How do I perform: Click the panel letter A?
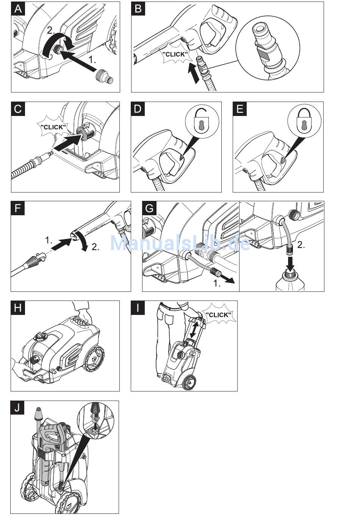pyautogui.click(x=18, y=8)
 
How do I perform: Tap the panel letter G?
pyautogui.click(x=149, y=208)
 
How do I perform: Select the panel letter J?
pyautogui.click(x=17, y=408)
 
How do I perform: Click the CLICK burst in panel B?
pyautogui.click(x=175, y=55)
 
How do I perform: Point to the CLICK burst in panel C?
pyautogui.click(x=53, y=127)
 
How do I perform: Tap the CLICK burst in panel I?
pyautogui.click(x=218, y=315)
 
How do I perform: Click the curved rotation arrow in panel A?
pyautogui.click(x=53, y=44)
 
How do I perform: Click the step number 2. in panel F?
pyautogui.click(x=95, y=247)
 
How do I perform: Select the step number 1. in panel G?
pyautogui.click(x=217, y=283)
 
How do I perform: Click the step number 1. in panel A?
pyautogui.click(x=92, y=60)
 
